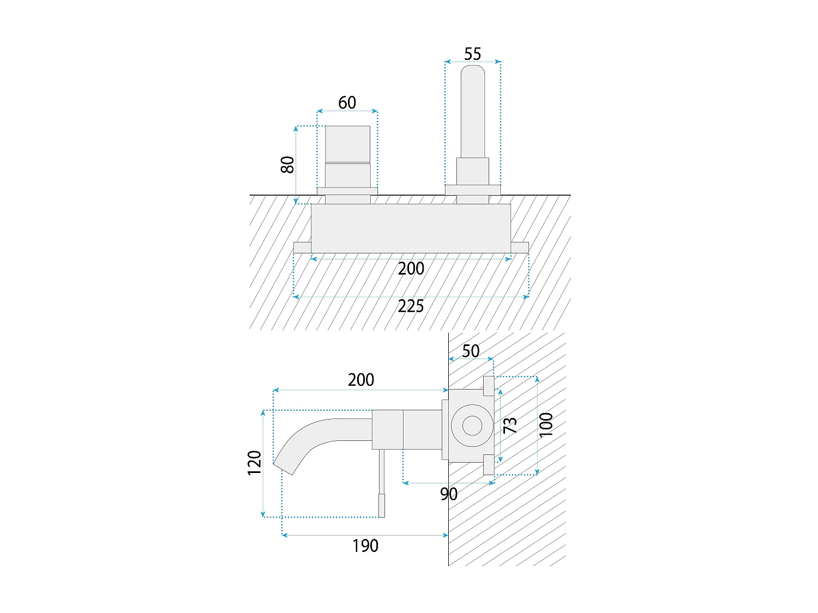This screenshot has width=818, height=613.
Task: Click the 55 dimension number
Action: (x=472, y=54)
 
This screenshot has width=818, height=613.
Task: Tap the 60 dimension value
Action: (x=347, y=102)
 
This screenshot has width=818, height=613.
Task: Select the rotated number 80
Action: (x=287, y=164)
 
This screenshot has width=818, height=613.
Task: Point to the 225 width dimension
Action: (x=411, y=306)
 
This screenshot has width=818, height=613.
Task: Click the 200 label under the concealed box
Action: (x=411, y=269)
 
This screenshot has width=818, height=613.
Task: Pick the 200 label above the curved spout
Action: (x=361, y=380)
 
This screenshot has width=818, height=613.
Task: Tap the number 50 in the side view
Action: (x=471, y=351)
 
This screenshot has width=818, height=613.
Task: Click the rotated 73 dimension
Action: (x=510, y=425)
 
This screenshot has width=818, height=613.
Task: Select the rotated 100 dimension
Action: (x=546, y=425)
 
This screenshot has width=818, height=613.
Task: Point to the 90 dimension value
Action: (x=449, y=494)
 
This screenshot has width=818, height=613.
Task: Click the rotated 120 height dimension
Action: (x=255, y=463)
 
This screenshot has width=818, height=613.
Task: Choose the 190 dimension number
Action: (x=365, y=545)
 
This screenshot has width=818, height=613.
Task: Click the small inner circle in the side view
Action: (x=472, y=426)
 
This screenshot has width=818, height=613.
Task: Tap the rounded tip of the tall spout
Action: (x=472, y=72)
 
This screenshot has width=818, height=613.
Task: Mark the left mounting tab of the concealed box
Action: (x=302, y=247)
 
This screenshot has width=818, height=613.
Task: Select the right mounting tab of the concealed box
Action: (x=520, y=247)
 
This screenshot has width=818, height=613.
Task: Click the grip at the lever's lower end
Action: (x=382, y=505)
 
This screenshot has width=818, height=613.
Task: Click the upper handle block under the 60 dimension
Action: (x=348, y=144)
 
